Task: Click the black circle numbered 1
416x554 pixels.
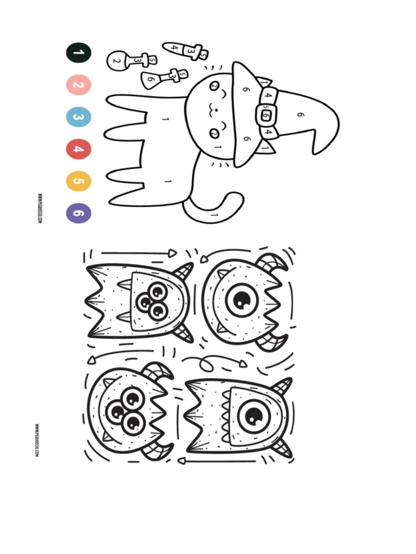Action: (79, 53)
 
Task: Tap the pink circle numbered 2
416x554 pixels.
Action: (79, 85)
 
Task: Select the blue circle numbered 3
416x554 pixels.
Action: (79, 117)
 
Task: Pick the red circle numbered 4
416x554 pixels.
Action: (79, 149)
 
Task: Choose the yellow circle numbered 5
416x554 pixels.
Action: (79, 181)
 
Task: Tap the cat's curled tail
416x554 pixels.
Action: (217, 208)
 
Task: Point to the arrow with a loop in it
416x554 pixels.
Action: (214, 360)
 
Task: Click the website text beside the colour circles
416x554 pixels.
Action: (40, 209)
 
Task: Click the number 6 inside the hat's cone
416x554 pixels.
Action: (301, 115)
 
